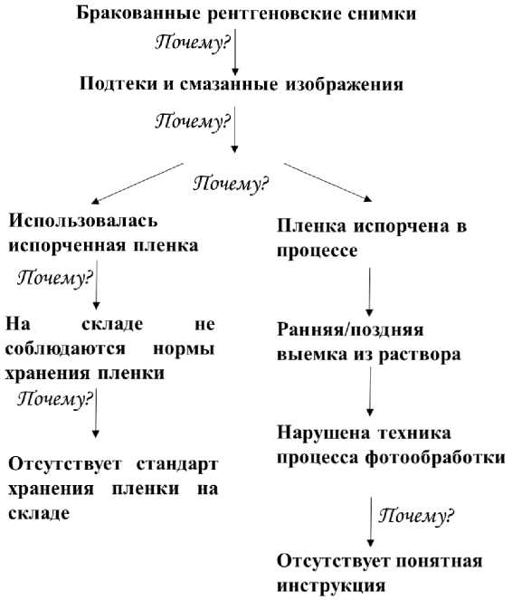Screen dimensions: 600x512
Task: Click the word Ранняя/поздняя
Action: pos(349,329)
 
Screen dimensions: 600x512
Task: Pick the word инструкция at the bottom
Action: pos(332,585)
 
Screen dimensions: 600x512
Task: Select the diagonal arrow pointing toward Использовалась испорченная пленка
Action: pos(138,184)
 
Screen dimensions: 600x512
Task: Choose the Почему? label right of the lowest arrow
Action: pos(417,517)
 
